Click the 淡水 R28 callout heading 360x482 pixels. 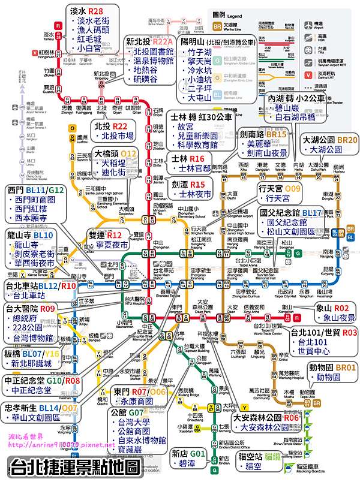(x=86, y=11)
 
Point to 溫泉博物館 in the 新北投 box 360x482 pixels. (x=154, y=62)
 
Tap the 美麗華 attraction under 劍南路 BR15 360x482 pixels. (x=259, y=144)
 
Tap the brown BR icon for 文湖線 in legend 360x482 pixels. (x=219, y=25)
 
